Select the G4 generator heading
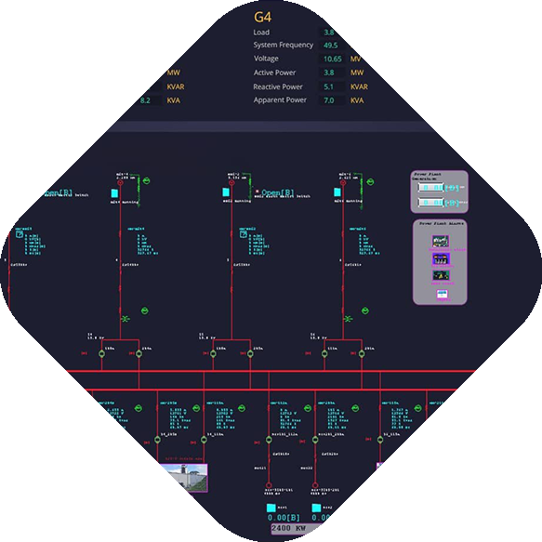tap(263, 17)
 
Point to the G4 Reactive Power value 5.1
tap(329, 86)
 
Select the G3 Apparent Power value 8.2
tap(145, 100)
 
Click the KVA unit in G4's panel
tap(358, 100)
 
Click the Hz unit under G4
tap(354, 45)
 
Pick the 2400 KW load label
tap(292, 528)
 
